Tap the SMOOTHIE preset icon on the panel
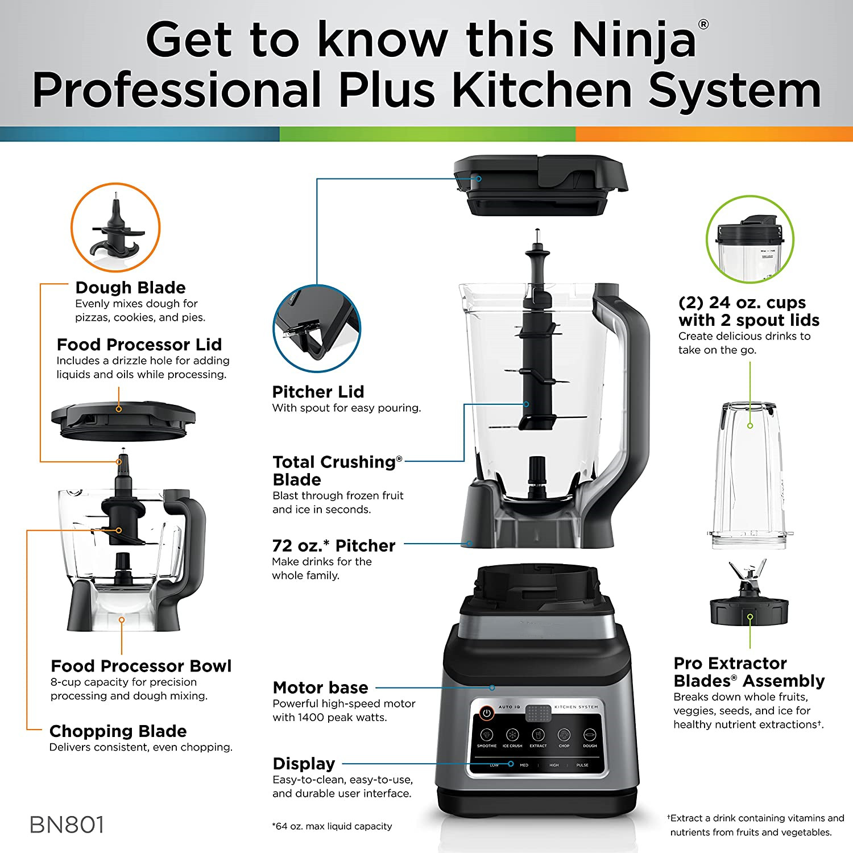[486, 735]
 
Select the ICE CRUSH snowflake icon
[512, 735]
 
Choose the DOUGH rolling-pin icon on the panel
[590, 735]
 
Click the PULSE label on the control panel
[582, 765]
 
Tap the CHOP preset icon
[564, 735]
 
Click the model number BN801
[67, 825]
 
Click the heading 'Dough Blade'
[130, 288]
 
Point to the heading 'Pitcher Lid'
[318, 392]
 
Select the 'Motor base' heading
[320, 688]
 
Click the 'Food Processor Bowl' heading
[141, 666]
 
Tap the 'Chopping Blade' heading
[118, 731]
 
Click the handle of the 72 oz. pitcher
[631, 398]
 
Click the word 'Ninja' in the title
[633, 40]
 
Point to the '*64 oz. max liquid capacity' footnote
[332, 826]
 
